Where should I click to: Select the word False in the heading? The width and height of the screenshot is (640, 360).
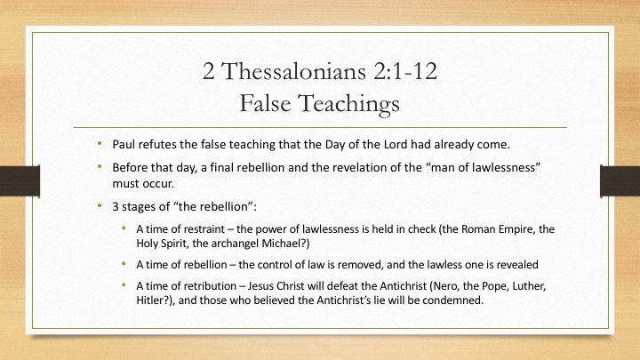click(265, 103)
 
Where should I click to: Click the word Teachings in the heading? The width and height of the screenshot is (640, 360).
click(349, 104)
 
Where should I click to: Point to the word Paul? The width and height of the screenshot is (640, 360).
click(124, 145)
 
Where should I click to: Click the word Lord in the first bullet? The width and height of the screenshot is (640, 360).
click(396, 145)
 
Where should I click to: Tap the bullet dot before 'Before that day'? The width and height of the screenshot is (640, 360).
click(100, 166)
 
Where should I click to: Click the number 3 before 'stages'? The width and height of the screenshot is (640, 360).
click(116, 206)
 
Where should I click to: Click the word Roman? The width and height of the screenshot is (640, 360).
click(479, 229)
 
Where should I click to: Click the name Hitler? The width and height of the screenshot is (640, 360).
click(149, 300)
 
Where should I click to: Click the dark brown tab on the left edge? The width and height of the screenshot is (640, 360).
click(20, 180)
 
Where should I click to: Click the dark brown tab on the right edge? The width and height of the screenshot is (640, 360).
click(620, 180)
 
